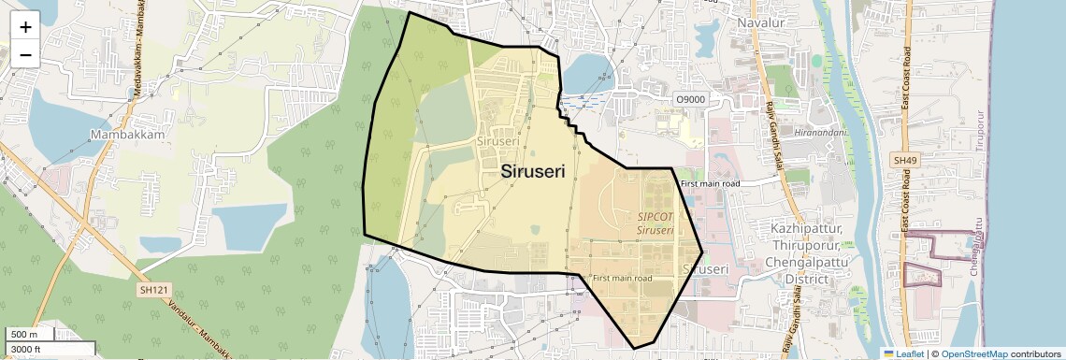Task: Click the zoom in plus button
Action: (25, 26)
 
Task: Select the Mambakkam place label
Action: (128, 135)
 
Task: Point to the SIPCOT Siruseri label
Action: (655, 223)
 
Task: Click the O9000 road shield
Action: (691, 99)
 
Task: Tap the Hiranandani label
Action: (820, 133)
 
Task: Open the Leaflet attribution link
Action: (903, 353)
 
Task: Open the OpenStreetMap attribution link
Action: (974, 353)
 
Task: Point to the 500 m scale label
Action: (24, 335)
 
